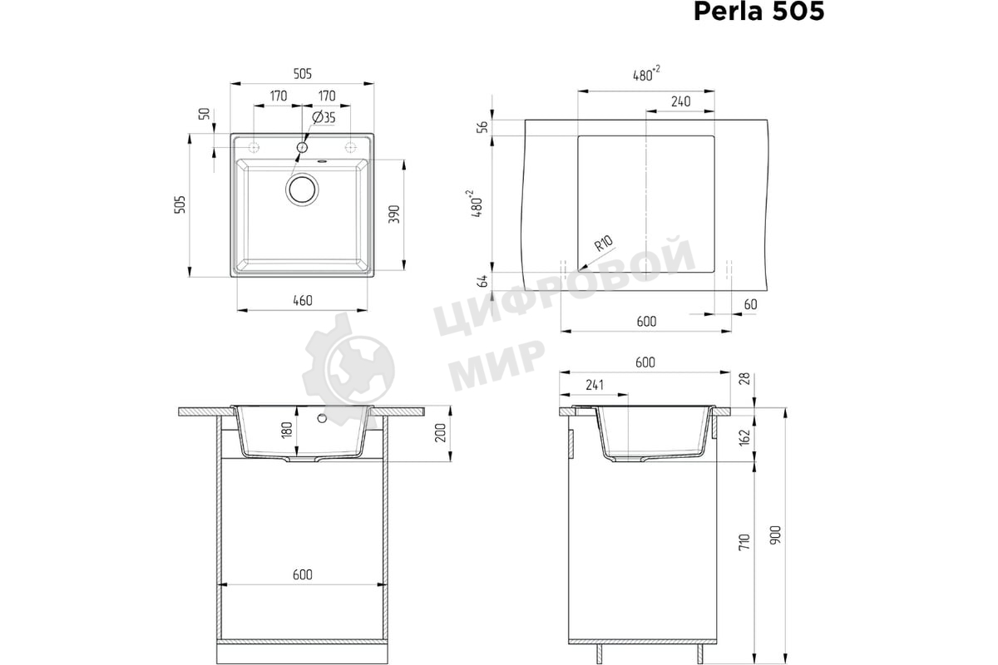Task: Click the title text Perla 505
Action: pyautogui.click(x=758, y=12)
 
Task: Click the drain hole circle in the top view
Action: pyautogui.click(x=302, y=189)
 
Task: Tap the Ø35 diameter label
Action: pyautogui.click(x=324, y=117)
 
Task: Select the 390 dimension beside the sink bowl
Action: pyautogui.click(x=395, y=214)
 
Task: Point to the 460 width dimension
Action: pyautogui.click(x=302, y=300)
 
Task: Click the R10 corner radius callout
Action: pyautogui.click(x=604, y=244)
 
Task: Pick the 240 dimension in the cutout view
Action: pyautogui.click(x=679, y=101)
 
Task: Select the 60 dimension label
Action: pyautogui.click(x=750, y=304)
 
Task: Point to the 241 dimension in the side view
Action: pyautogui.click(x=595, y=386)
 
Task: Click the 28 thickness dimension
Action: pyautogui.click(x=744, y=379)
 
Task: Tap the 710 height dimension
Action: pyautogui.click(x=744, y=542)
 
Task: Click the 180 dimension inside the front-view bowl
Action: pyautogui.click(x=287, y=431)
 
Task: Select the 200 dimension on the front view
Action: pyautogui.click(x=441, y=432)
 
